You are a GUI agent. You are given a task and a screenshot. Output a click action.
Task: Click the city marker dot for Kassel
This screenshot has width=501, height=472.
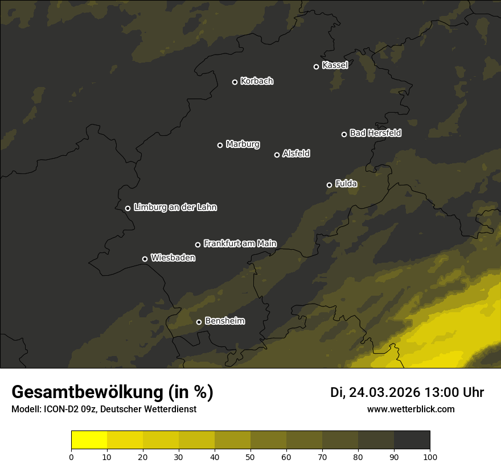pos(317,67)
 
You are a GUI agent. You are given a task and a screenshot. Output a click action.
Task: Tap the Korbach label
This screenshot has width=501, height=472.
pos(257,81)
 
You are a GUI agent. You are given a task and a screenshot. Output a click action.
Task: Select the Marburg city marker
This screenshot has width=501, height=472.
pos(220,145)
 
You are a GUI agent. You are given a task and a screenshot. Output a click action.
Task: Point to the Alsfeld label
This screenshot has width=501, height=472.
pos(296,154)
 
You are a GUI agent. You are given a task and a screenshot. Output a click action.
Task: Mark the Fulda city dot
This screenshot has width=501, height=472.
pos(329,185)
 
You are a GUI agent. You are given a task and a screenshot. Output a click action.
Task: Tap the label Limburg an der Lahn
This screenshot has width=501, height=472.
pos(175,208)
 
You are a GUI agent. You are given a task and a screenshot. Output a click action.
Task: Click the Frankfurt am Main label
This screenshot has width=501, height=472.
pos(240,243)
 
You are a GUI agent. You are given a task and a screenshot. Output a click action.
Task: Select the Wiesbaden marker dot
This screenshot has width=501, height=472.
pos(145,259)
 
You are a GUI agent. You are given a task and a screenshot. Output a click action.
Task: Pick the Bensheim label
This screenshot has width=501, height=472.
pos(224,321)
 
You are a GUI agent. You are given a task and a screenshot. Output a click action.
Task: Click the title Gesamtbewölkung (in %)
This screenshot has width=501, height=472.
pos(112,392)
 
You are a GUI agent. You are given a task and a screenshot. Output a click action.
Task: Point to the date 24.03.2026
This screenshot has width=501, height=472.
pos(384,392)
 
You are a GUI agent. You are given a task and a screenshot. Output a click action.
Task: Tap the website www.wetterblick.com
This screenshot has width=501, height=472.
pos(411,409)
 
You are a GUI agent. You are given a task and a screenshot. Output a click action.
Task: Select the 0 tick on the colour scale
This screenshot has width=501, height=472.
pos(71,457)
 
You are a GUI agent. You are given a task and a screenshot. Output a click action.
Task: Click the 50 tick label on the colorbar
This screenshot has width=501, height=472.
pos(250,457)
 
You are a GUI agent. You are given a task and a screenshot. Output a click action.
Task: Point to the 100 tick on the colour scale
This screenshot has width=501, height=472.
pos(430,457)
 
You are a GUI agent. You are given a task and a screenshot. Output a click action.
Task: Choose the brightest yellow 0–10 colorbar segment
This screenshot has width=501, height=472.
pos(89,440)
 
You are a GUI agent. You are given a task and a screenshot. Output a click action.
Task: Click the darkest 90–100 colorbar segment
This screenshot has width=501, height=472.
pos(412,440)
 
